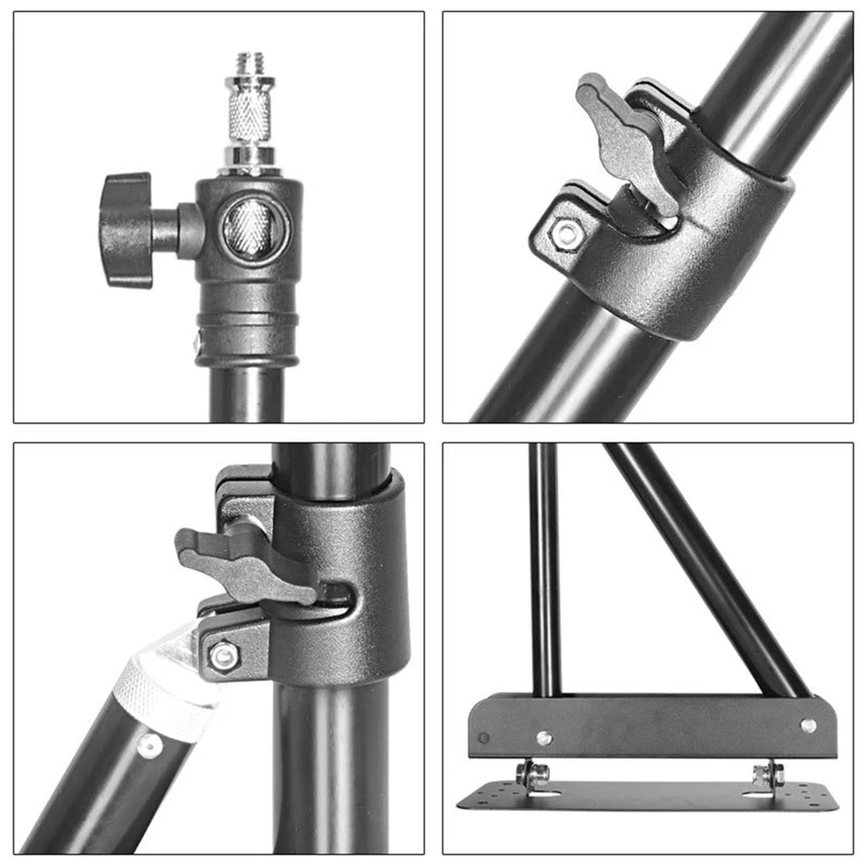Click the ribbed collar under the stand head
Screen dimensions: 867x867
tap(247, 330)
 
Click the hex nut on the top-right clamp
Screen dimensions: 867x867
tap(565, 234)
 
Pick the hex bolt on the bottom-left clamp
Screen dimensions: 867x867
tap(223, 656)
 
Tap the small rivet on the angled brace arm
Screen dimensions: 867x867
tap(149, 746)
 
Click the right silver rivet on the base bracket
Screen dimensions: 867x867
tap(807, 725)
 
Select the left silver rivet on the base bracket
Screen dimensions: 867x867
tap(544, 737)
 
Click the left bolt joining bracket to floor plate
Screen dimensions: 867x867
tap(533, 773)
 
